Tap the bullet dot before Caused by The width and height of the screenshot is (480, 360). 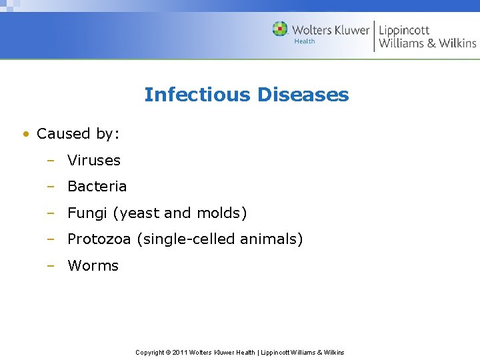25,134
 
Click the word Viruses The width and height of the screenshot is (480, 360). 94,160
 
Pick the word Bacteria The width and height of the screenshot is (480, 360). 97,186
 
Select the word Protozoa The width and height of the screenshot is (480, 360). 99,239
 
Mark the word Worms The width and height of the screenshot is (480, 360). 93,265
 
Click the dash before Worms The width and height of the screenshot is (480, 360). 50,265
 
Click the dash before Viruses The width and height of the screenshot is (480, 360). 50,160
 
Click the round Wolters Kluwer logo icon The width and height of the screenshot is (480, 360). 280,29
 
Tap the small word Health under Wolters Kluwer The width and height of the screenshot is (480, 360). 304,41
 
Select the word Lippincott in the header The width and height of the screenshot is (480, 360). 404,30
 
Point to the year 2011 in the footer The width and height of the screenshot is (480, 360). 181,352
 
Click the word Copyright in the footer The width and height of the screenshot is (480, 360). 150,352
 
